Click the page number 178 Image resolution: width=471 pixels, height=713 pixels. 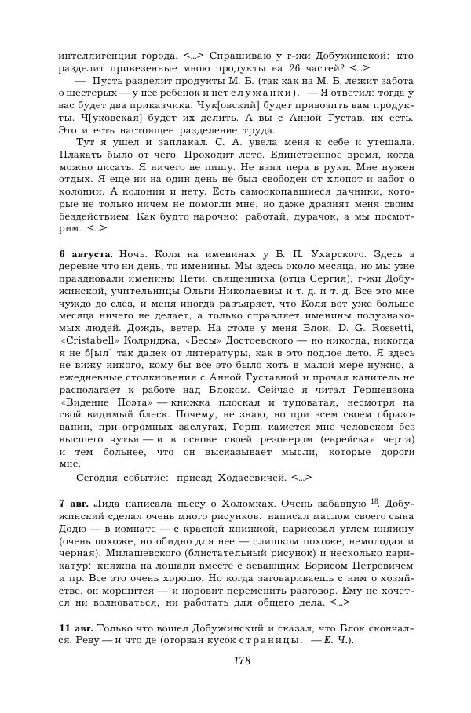(x=241, y=660)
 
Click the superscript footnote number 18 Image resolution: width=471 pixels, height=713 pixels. (x=374, y=498)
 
